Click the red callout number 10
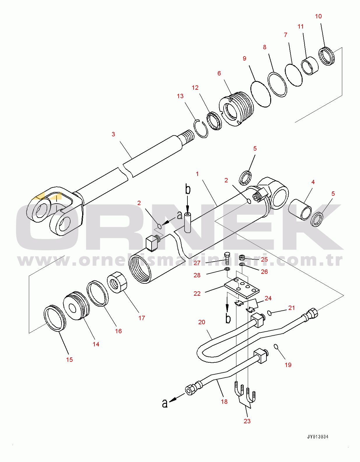[318, 16]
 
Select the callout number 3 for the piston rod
[113, 134]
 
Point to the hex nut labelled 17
[117, 282]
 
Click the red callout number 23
[247, 421]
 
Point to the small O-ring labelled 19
[276, 346]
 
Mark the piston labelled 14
[77, 306]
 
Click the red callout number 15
[69, 360]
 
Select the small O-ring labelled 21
[269, 313]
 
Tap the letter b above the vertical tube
[188, 190]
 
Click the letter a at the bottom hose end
[165, 403]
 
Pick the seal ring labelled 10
[327, 56]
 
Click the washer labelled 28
[227, 269]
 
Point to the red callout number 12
[195, 88]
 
